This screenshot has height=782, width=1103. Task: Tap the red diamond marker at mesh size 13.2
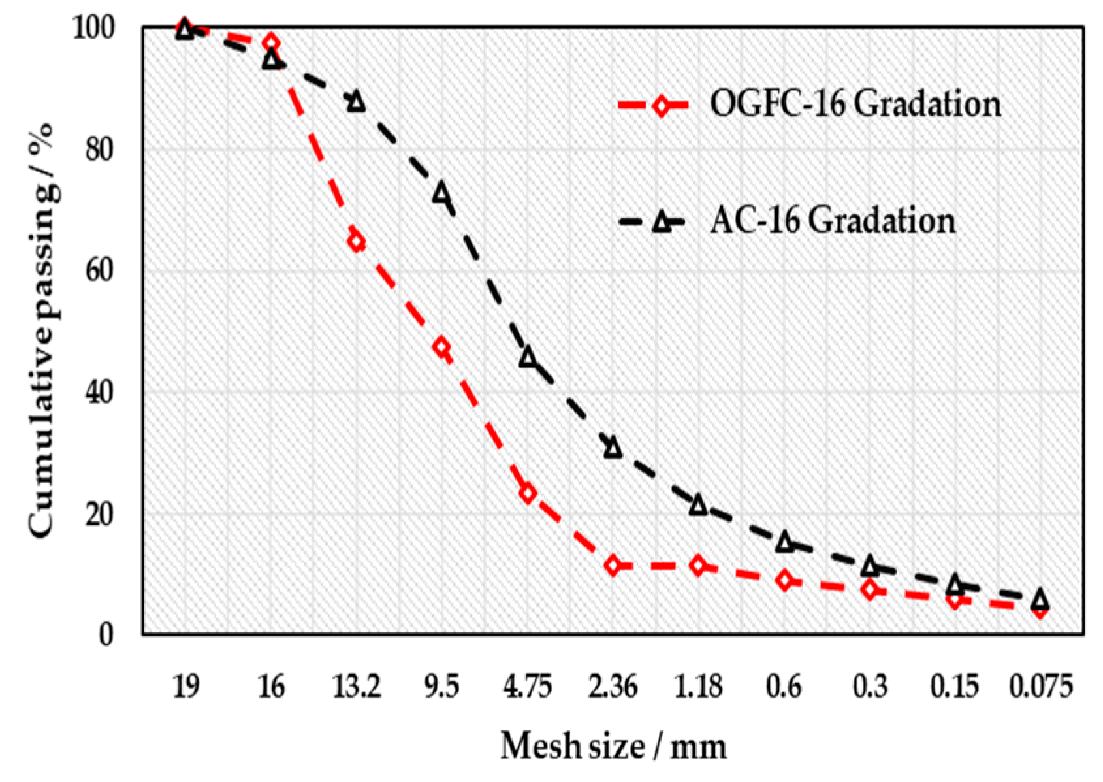pos(356,242)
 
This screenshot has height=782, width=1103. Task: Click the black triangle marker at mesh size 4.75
pos(528,357)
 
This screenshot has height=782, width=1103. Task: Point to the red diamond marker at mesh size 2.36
pos(613,565)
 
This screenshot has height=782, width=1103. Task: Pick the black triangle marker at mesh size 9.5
pos(442,192)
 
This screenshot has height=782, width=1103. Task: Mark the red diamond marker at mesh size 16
pos(272,44)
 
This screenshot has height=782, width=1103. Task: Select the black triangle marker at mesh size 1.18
pos(698,505)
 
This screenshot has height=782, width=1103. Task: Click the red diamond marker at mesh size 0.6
pos(785,579)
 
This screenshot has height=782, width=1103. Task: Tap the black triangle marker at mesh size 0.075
pos(1040,598)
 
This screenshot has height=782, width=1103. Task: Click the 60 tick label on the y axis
pos(99,270)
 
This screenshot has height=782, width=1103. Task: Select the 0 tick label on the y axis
pos(106,634)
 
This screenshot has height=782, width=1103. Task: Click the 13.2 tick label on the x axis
pos(356,687)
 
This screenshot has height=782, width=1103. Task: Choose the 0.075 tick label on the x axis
pos(1040,687)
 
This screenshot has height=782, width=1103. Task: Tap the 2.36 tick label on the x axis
pos(613,687)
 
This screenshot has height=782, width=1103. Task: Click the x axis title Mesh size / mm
pos(613,746)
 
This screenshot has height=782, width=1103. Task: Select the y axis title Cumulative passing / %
pos(42,330)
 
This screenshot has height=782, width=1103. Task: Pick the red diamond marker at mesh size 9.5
pos(442,348)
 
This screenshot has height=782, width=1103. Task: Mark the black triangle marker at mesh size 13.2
pos(356,101)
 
